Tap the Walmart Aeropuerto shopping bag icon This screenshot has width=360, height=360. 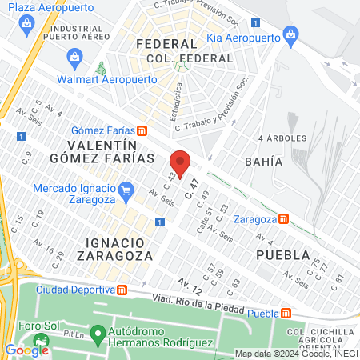tap(75, 56)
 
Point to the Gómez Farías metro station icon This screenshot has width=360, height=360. tap(142, 130)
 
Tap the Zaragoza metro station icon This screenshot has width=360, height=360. tap(283, 219)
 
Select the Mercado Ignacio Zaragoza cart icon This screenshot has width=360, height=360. tap(125, 190)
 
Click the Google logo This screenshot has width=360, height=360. tap(26, 349)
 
